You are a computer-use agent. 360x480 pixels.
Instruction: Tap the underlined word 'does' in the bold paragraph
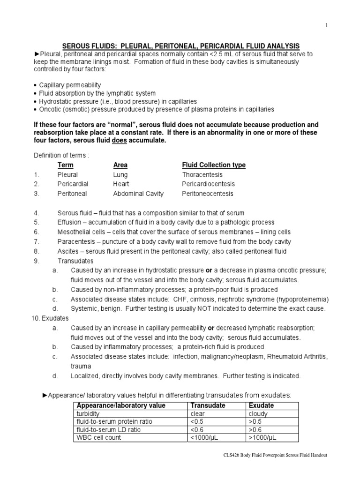(120, 141)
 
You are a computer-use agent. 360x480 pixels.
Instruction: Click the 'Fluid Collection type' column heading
(214, 165)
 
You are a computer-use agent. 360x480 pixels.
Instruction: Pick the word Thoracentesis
(202, 174)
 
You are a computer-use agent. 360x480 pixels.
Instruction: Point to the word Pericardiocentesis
(209, 184)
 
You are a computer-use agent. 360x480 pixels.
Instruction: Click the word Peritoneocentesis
(208, 194)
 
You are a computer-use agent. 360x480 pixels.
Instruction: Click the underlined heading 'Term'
(65, 165)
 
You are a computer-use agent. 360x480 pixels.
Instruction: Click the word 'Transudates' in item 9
(75, 261)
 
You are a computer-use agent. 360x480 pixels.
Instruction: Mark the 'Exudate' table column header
(261, 405)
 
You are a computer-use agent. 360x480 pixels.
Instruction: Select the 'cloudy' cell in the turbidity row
(258, 414)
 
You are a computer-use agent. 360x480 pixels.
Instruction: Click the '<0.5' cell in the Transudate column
(197, 421)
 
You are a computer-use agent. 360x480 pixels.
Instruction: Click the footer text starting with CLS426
(274, 455)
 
